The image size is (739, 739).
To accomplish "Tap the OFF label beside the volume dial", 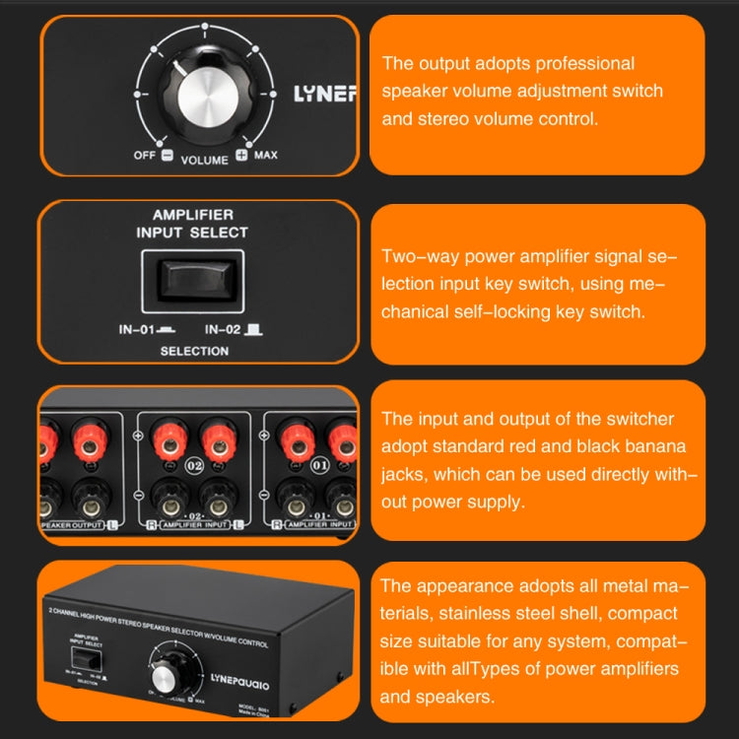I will coord(144,156).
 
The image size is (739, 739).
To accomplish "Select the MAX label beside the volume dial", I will coord(265,156).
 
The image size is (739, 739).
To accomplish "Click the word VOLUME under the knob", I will coord(204,160).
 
